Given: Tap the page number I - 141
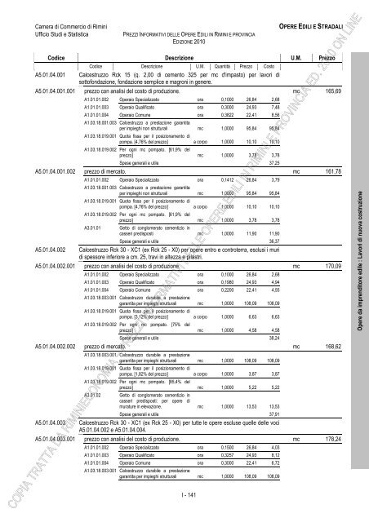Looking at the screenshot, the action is tap(184, 494).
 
